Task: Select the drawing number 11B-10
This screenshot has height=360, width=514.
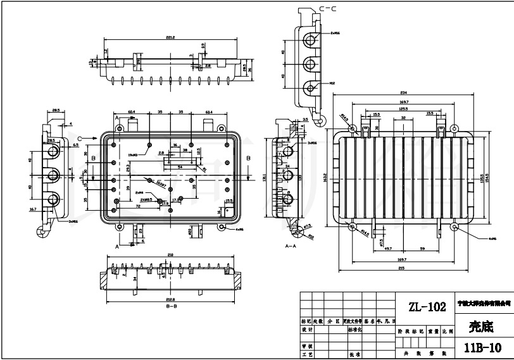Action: [x=482, y=347]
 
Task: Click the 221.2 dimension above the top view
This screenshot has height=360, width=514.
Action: [x=170, y=38]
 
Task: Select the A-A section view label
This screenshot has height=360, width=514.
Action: [x=291, y=244]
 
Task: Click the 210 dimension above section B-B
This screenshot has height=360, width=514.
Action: [x=170, y=254]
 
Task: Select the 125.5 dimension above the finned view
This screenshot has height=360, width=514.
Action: [x=403, y=108]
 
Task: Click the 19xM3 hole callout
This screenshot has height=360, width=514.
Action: [x=134, y=154]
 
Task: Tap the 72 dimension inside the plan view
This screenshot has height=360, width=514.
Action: [x=137, y=206]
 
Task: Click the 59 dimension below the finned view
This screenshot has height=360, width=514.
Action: [x=422, y=248]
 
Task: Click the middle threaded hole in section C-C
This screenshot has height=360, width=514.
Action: [x=310, y=63]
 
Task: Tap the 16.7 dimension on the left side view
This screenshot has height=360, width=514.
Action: [x=33, y=208]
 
